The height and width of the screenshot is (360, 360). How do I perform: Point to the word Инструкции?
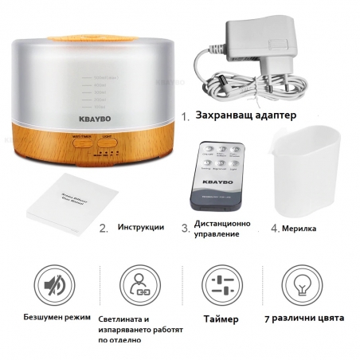[x=141, y=227]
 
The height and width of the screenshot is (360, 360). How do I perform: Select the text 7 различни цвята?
[x=304, y=319]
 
